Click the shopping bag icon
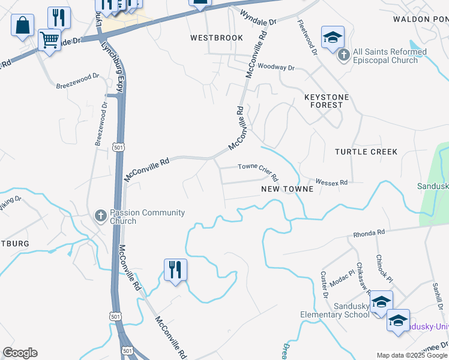point(22,26)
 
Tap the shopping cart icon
point(49,40)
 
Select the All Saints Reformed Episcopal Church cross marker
point(343,56)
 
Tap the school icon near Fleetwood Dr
point(333,38)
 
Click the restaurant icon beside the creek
point(175,269)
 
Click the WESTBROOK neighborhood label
point(217,38)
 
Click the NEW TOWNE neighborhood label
point(287,189)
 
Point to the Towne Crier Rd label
point(258,172)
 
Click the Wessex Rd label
point(333,182)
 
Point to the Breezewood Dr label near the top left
point(77,81)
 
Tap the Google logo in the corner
point(20,353)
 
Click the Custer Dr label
point(324,284)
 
